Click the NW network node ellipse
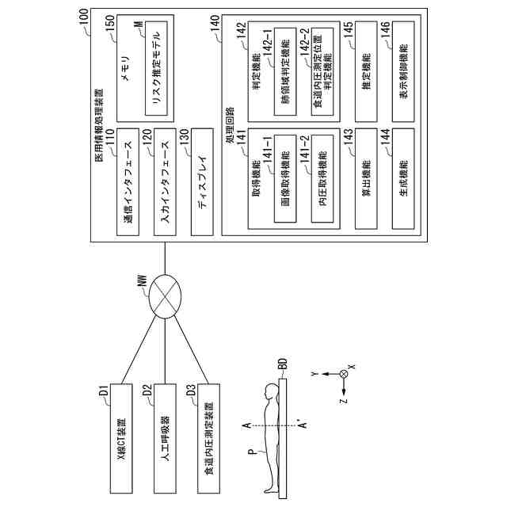click(x=165, y=296)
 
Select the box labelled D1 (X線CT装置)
click(x=121, y=438)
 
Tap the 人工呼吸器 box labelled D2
click(x=165, y=438)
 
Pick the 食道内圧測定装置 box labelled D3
click(x=209, y=438)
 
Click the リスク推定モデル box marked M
click(x=156, y=68)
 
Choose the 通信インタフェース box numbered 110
click(x=128, y=181)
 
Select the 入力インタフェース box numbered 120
click(x=165, y=181)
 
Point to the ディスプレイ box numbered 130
click(x=202, y=181)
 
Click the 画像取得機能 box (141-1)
click(x=285, y=178)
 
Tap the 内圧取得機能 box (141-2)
click(x=322, y=178)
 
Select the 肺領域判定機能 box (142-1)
click(x=285, y=71)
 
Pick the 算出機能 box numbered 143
click(x=366, y=178)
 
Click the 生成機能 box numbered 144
click(x=403, y=178)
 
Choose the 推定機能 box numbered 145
click(x=366, y=71)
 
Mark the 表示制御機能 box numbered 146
click(x=403, y=71)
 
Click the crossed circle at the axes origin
click(x=344, y=374)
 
